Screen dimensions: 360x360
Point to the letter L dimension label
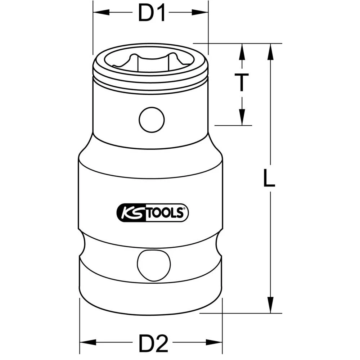268,179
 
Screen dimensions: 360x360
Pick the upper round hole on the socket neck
152,120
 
